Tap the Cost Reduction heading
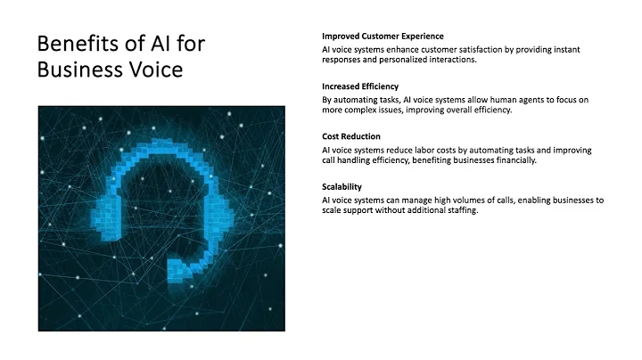tap(352, 136)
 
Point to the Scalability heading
tap(342, 186)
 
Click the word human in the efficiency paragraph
tap(493, 99)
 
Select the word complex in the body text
tap(360, 110)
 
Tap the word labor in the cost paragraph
tap(427, 149)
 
